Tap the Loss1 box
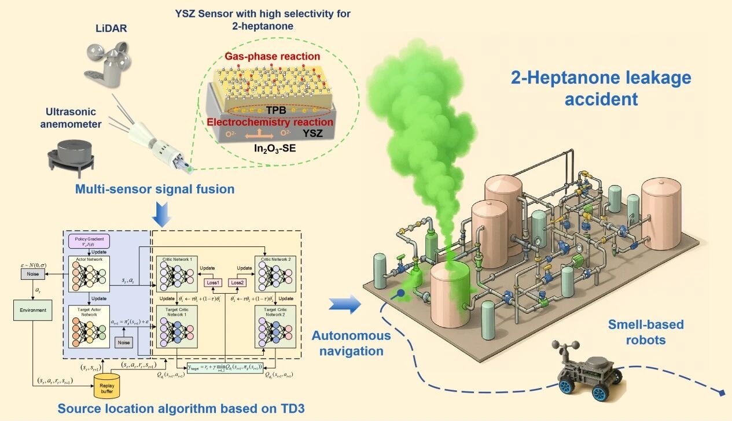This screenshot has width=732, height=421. tap(213, 282)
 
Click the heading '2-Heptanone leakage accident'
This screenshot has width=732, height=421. tap(601, 88)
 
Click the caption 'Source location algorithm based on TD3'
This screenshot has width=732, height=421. tap(181, 408)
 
